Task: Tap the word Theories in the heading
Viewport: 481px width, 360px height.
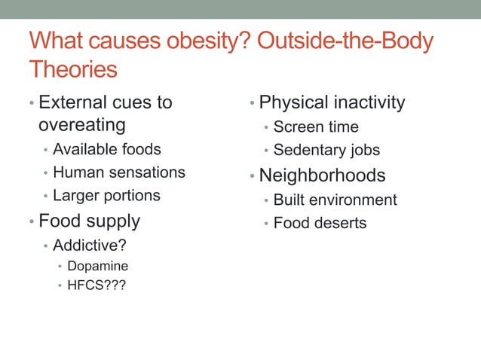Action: [x=73, y=69]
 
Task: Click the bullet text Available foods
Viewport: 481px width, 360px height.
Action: [x=106, y=149]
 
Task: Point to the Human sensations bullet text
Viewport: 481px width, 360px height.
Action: [x=118, y=172]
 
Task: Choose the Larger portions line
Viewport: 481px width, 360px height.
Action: [x=106, y=196]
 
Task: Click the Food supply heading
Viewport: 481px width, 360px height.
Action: [x=89, y=221]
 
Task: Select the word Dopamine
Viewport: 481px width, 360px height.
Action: [x=97, y=266]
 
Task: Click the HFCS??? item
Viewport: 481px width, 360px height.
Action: [x=97, y=285]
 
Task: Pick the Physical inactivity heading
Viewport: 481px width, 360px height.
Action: [x=332, y=102]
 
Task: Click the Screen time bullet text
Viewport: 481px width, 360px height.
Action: [x=316, y=127]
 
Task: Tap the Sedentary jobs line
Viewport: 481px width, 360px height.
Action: [x=326, y=150]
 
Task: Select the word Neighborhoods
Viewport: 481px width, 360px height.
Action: [x=322, y=175]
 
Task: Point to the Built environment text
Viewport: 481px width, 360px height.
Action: [x=335, y=200]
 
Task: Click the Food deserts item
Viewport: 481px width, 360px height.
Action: [x=320, y=224]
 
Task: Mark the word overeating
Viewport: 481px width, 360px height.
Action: [x=82, y=123]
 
